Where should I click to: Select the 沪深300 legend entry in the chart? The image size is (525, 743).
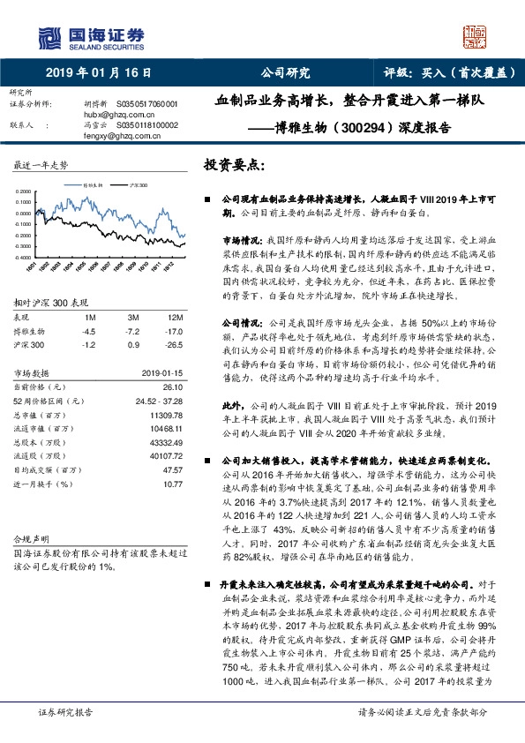136,186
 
